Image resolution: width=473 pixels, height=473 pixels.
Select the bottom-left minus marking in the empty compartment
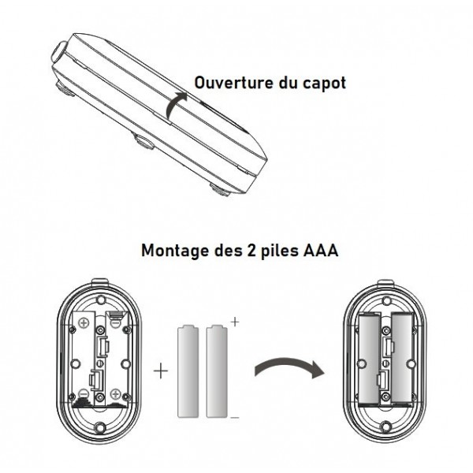click(83, 393)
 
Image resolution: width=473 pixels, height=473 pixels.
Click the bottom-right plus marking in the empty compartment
click(116, 393)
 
